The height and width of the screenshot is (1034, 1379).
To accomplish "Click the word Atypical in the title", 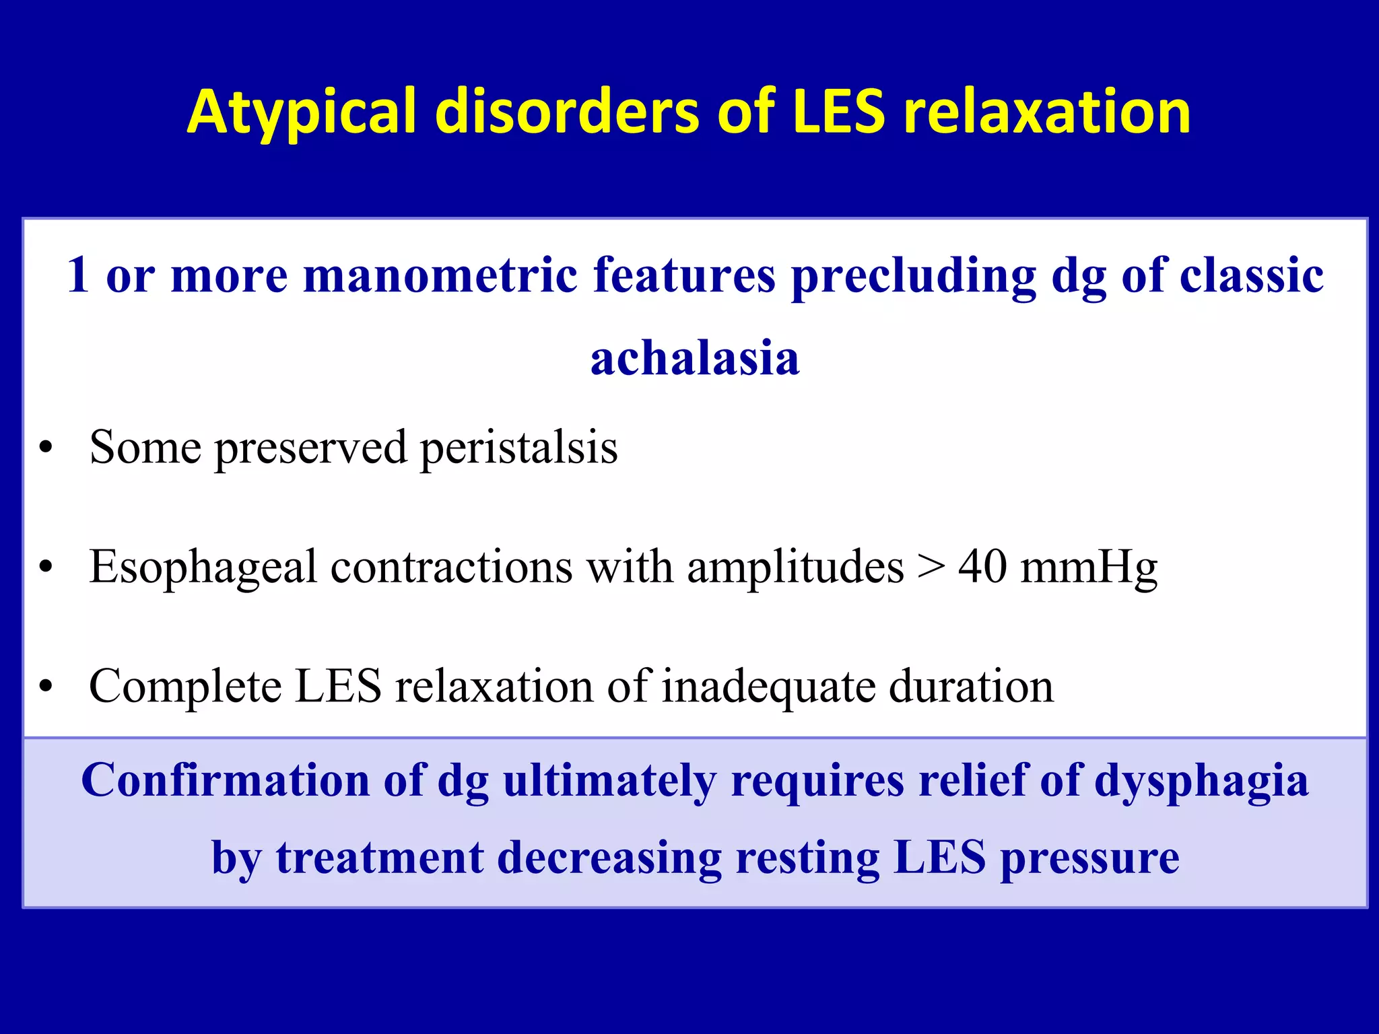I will click(x=302, y=112).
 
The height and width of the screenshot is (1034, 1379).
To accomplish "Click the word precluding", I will click(x=913, y=276).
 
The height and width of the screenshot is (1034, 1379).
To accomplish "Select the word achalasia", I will click(x=695, y=357).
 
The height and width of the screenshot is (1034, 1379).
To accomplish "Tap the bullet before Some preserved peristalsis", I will click(x=46, y=448).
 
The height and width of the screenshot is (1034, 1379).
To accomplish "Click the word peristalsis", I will click(x=518, y=448).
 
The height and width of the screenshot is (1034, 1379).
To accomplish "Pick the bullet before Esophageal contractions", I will click(x=46, y=567).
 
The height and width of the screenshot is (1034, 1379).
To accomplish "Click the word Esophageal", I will click(x=203, y=567).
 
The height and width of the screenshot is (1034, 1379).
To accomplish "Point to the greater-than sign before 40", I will click(x=931, y=567).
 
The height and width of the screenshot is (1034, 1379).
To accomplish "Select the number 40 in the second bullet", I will click(x=982, y=566).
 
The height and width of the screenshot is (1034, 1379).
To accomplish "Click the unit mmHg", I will click(x=1089, y=567).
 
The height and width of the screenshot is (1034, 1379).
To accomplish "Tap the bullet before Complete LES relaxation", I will click(x=46, y=687).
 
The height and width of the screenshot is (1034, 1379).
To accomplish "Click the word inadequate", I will click(x=768, y=687).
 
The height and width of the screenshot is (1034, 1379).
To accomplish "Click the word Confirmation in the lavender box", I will click(x=225, y=780).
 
